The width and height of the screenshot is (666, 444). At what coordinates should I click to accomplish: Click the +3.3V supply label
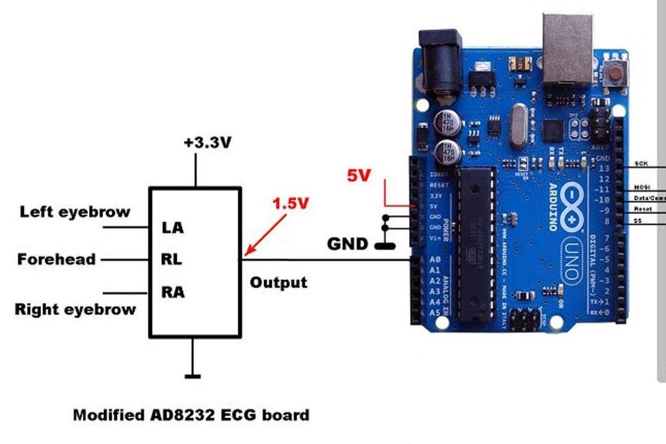pos(207,143)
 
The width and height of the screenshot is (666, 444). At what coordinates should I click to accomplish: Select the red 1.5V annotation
pos(290,203)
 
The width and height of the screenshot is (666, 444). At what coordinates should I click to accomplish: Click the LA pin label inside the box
pos(172,228)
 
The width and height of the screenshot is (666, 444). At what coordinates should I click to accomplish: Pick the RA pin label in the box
pos(172,293)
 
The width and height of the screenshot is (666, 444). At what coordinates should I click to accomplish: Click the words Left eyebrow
pos(75,212)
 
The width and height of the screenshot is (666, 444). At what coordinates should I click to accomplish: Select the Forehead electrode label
pos(57,259)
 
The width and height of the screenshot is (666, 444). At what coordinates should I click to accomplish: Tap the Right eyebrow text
pos(75,309)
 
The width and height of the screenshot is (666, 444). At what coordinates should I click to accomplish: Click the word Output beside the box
pos(278,283)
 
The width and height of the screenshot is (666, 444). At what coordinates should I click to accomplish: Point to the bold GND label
pos(348,244)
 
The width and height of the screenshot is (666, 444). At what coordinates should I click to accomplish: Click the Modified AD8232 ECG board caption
pos(191,415)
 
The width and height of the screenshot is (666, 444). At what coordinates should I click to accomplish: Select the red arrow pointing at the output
pos(265,233)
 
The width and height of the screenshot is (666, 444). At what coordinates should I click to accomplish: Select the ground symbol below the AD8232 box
pos(193,375)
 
